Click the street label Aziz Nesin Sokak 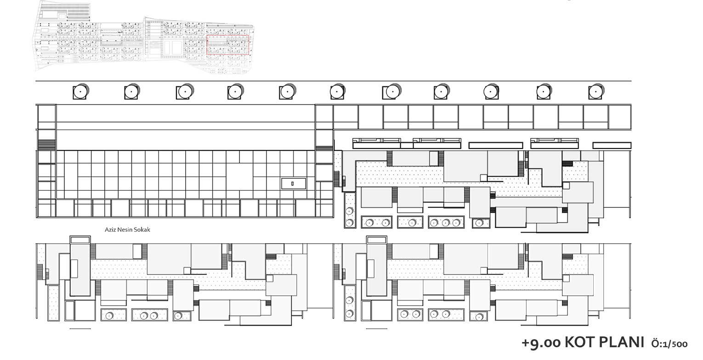coord(127,229)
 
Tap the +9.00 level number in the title coord(541,343)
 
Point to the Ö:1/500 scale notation coord(669,344)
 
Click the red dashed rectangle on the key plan coord(227,45)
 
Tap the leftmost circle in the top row coord(81,92)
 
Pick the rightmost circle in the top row coord(595,92)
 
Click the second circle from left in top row coord(131,92)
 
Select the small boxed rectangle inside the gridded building coord(294,184)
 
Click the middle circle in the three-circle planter coord(446,223)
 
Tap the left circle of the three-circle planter coord(434,223)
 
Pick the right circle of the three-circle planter coord(457,223)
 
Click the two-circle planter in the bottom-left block coord(149,315)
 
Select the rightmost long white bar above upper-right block coord(612,145)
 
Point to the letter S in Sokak coord(135,229)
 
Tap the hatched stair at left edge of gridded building coord(47,145)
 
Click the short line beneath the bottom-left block coord(80,329)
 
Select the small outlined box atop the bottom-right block coord(377,240)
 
